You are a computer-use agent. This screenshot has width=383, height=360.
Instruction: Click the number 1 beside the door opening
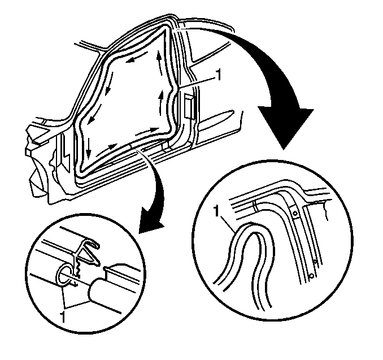point(218,75)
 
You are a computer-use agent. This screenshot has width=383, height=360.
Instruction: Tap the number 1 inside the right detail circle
point(216,211)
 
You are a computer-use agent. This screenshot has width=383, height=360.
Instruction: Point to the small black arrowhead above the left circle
point(150,219)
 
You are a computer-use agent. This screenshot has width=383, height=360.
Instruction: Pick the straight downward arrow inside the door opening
point(89,148)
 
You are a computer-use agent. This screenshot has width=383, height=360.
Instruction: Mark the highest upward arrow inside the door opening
point(159,62)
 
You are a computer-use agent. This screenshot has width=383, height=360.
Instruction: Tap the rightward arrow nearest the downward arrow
point(107,150)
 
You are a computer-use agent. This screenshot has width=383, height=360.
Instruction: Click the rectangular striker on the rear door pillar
point(189,107)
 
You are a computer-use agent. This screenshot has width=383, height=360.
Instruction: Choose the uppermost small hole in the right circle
point(295,214)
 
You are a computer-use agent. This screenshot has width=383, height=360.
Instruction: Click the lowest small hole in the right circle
point(311,276)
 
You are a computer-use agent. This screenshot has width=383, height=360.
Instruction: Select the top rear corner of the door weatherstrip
point(167,27)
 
